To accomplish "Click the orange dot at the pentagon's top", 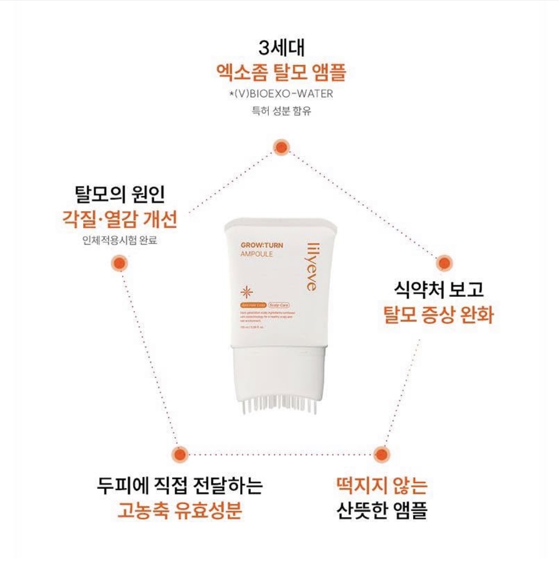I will (281, 147).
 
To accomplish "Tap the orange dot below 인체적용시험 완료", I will (120, 263).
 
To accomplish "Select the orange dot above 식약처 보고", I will (444, 263).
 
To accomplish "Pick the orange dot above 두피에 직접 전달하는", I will (179, 454).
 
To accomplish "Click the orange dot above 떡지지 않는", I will (381, 454).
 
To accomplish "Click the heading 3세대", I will (281, 48).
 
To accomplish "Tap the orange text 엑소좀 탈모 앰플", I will (281, 72).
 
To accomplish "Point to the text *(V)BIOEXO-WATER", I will (281, 94).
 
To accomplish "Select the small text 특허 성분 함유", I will (281, 111).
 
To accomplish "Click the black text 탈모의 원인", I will (120, 194).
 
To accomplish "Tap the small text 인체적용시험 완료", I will (120, 240).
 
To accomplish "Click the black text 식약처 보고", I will (438, 290).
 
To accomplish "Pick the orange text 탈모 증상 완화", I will (438, 314).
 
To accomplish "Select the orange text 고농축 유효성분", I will (179, 510).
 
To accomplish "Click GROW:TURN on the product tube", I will (261, 245).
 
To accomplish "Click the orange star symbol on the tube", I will (247, 292).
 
